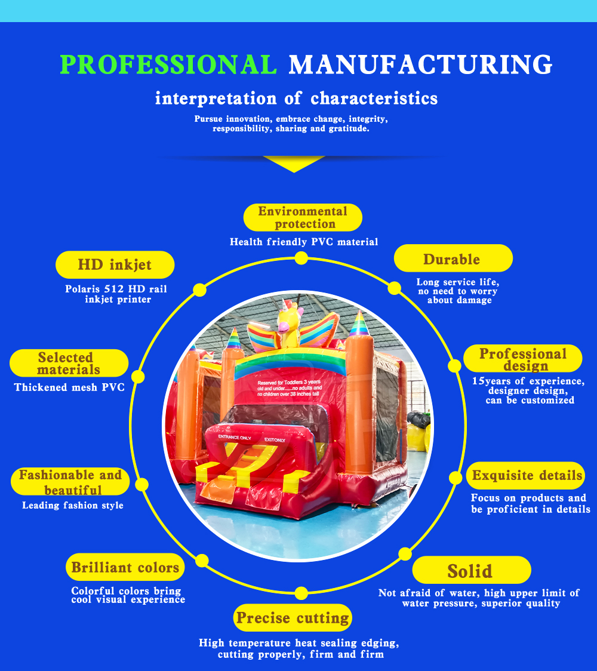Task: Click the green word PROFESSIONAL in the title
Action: pyautogui.click(x=168, y=64)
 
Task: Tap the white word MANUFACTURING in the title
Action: pyautogui.click(x=421, y=64)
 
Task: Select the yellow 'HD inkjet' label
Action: pyautogui.click(x=115, y=265)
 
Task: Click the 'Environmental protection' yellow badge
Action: pyautogui.click(x=303, y=217)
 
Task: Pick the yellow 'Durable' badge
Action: pyautogui.click(x=453, y=258)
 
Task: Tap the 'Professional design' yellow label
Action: pyautogui.click(x=522, y=359)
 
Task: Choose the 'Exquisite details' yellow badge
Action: pyautogui.click(x=525, y=475)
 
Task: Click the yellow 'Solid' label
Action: pyautogui.click(x=472, y=570)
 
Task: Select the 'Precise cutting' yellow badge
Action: pyautogui.click(x=293, y=617)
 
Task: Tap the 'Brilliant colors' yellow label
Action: pyautogui.click(x=125, y=568)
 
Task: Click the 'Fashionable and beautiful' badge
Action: pyautogui.click(x=70, y=481)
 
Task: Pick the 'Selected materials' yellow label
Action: pyautogui.click(x=69, y=363)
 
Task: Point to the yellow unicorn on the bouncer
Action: pyautogui.click(x=290, y=323)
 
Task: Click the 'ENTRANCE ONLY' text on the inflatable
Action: pyautogui.click(x=235, y=438)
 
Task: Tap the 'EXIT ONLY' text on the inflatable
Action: pyautogui.click(x=275, y=440)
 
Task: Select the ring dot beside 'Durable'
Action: pyautogui.click(x=394, y=288)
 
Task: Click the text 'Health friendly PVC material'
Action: pyautogui.click(x=304, y=242)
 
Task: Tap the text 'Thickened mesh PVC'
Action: pyautogui.click(x=69, y=387)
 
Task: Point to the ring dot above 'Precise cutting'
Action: pyautogui.click(x=301, y=593)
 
